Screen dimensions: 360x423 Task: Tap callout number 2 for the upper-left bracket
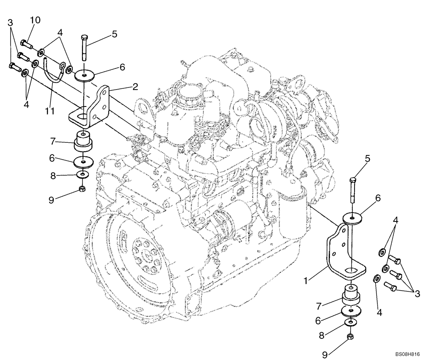point(135,87)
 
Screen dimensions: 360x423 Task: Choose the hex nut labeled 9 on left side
point(83,188)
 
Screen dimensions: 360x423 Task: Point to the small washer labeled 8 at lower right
point(349,322)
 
